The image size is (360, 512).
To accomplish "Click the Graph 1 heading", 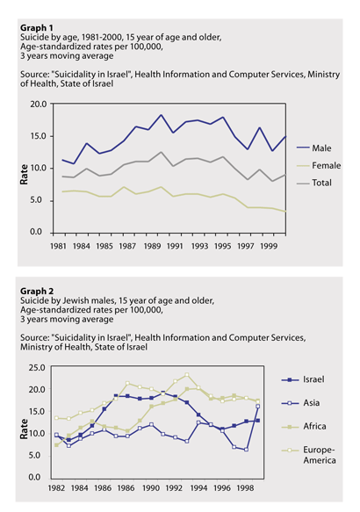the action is click(x=37, y=28).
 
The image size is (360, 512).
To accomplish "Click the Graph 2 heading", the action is click(x=37, y=291).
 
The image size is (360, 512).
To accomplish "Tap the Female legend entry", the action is click(x=319, y=166).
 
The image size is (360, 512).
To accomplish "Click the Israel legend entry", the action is click(x=303, y=379).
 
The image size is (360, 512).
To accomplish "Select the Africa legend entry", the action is click(x=304, y=427).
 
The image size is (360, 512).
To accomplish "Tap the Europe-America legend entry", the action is click(x=309, y=455).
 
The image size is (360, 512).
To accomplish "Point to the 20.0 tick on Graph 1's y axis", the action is click(x=39, y=105).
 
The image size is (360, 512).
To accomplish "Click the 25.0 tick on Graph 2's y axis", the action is click(x=37, y=368).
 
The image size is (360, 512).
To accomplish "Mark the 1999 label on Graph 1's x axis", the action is click(x=269, y=246).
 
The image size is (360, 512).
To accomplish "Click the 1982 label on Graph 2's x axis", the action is click(x=56, y=487).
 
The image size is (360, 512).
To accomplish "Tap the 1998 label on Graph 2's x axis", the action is click(x=245, y=487).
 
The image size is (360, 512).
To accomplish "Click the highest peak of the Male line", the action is click(x=161, y=115).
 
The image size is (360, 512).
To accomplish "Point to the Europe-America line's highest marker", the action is click(x=187, y=374).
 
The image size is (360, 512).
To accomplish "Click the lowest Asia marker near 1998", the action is click(x=246, y=450).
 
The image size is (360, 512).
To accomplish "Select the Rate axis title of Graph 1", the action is click(x=24, y=175).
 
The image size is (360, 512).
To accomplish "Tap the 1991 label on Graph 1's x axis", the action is click(x=175, y=246).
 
